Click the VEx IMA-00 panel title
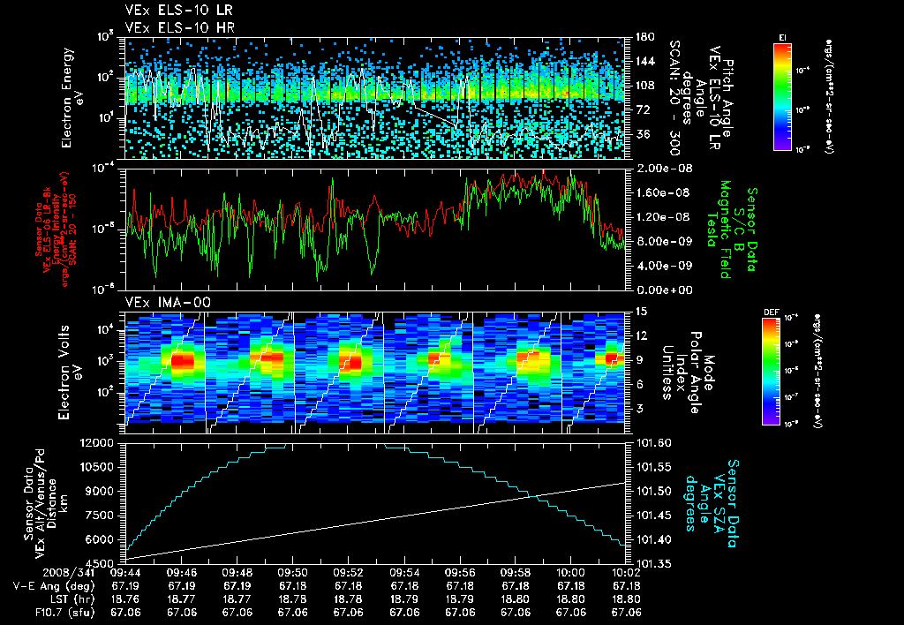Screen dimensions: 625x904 pyautogui.click(x=157, y=302)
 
